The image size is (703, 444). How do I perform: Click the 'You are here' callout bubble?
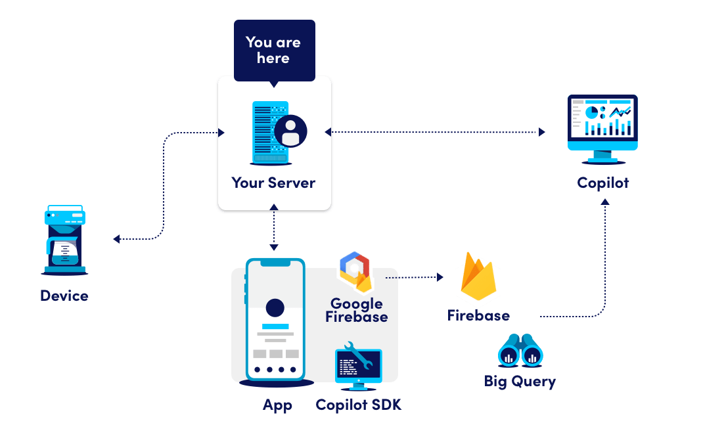coord(274,51)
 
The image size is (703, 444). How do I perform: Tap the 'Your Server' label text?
coord(273,183)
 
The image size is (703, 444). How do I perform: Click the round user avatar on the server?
coord(290,131)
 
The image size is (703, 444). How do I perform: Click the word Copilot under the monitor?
coord(602,183)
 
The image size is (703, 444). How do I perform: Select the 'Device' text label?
coord(64,296)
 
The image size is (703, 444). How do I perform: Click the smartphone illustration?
coord(275,320)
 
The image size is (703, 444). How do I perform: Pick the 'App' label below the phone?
coord(277,405)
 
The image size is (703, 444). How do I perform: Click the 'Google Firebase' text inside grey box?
coord(357,310)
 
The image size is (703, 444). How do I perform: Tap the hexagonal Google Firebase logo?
coord(355,271)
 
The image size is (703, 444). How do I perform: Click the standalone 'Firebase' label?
coord(478,316)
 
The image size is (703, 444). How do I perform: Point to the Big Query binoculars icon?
coord(520,351)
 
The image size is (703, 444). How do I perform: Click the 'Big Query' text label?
coord(520,381)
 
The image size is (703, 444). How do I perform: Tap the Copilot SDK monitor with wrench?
coord(357,363)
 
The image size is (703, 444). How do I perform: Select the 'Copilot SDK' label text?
coord(358,405)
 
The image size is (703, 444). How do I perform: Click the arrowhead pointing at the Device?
coord(116,239)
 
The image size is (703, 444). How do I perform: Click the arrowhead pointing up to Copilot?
coord(605,201)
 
